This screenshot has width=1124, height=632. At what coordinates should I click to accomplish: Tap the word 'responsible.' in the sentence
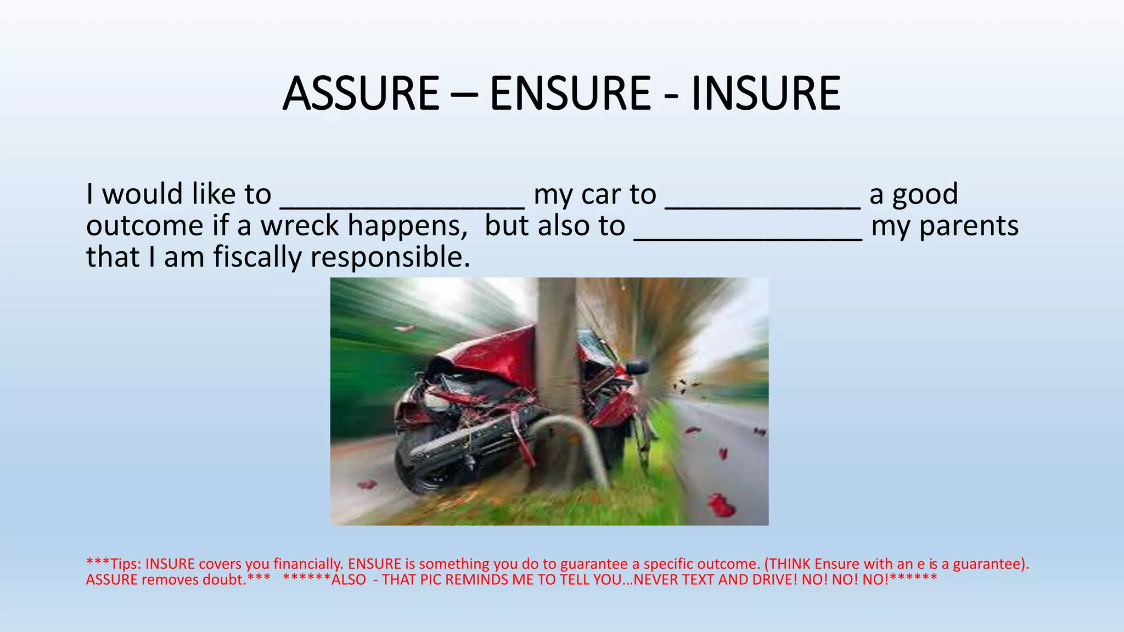click(390, 257)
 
